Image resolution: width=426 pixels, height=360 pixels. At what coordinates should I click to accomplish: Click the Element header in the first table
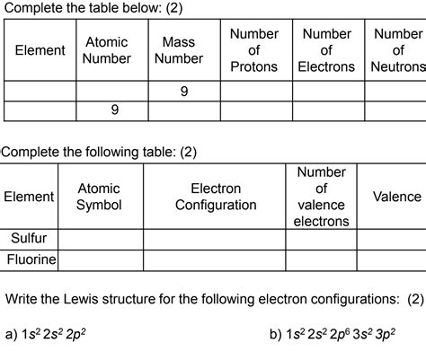pos(40,50)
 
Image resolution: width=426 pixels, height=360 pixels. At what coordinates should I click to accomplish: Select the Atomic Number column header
pos(107,50)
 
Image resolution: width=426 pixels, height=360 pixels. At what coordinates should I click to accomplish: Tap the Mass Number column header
pos(178,50)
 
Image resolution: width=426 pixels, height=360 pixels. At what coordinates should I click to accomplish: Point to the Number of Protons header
pos(254,50)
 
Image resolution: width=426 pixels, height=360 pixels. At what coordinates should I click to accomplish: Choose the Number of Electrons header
pos(326,50)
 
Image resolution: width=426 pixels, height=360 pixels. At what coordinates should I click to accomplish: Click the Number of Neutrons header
pos(397,50)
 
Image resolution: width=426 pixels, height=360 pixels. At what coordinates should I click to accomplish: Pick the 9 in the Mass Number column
pos(183,91)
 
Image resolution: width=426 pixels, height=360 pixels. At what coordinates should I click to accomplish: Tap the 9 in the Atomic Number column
pos(114,110)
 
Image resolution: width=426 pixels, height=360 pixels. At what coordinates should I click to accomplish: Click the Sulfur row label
pos(29,239)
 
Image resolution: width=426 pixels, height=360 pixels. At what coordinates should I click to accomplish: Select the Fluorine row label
pos(31,259)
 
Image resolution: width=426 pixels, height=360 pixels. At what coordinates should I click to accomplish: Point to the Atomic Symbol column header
pos(99,197)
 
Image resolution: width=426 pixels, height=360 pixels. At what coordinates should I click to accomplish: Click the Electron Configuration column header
pos(216,197)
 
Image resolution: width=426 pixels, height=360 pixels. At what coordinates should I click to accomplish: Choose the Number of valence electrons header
pos(322,197)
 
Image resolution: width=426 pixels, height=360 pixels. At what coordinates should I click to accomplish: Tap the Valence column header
pos(396,197)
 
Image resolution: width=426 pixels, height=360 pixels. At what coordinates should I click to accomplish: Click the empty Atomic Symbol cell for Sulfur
pos(100,239)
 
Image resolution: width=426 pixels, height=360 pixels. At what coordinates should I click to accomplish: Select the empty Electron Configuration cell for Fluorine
pos(216,259)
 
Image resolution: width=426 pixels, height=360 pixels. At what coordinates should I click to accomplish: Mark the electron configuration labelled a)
pos(55,334)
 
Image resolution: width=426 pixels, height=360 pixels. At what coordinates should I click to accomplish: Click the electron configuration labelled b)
pos(338,334)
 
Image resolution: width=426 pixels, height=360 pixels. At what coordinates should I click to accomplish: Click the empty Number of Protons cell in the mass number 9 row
pos(255,91)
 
